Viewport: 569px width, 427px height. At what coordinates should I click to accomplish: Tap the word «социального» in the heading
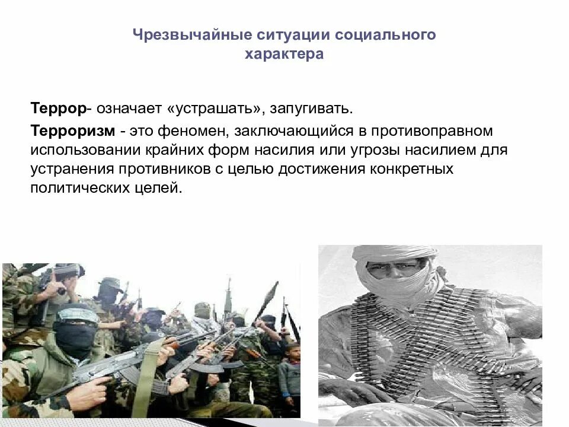pos(385,35)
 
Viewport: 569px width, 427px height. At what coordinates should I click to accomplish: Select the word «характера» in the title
pos(284,55)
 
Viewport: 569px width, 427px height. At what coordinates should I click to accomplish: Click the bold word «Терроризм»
pos(72,129)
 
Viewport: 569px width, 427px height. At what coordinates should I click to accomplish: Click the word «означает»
pos(129,109)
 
